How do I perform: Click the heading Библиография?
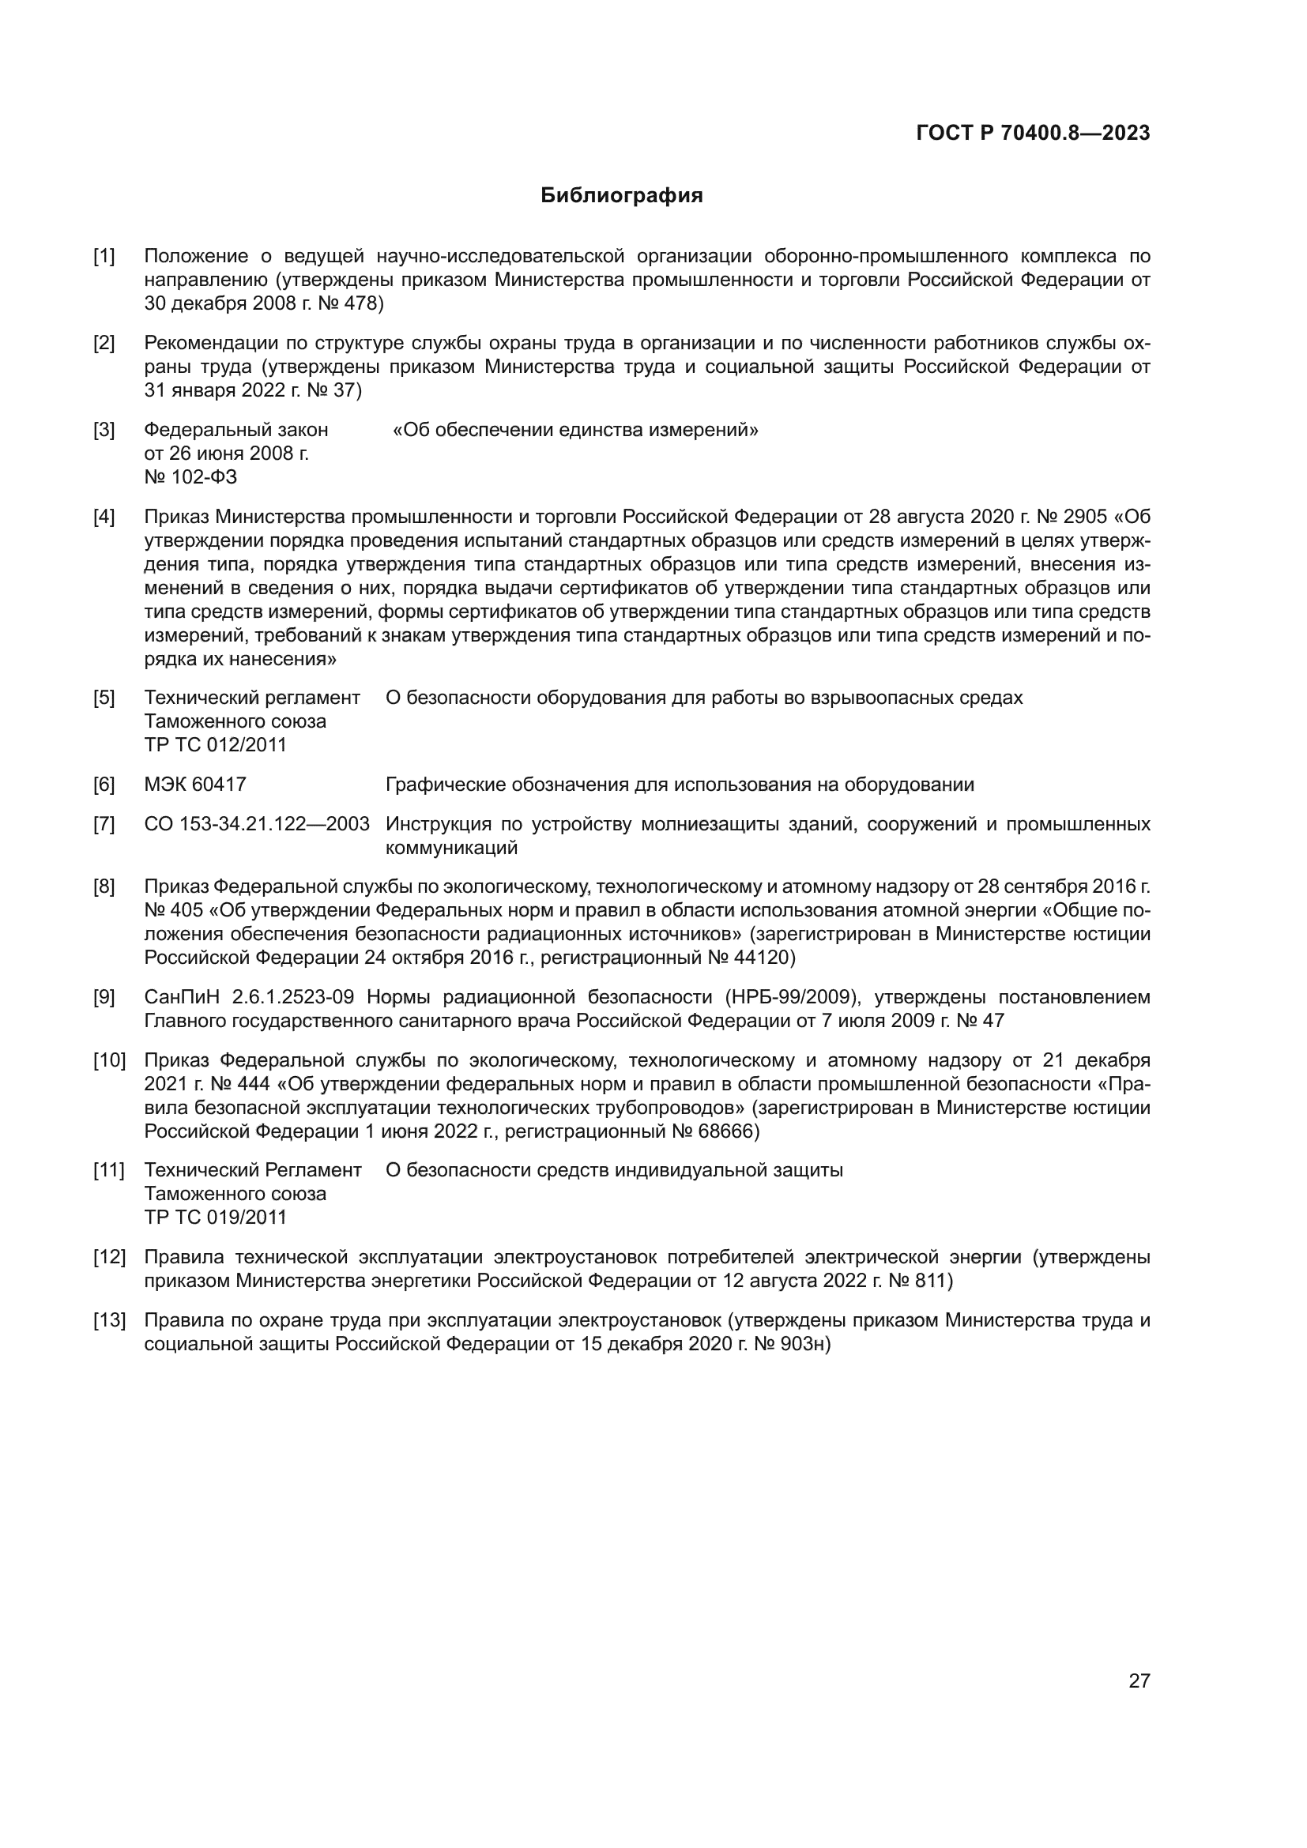pos(621,196)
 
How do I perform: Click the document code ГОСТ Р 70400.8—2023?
pos(1033,133)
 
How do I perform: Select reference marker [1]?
pos(104,257)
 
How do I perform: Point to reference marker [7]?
pos(104,824)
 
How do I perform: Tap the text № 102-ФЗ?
pos(190,477)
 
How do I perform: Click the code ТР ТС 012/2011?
pos(215,744)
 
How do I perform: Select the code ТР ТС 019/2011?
pos(215,1217)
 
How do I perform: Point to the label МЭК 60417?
pos(194,785)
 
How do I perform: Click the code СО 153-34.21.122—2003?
pos(256,824)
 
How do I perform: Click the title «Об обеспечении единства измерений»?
pos(574,430)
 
